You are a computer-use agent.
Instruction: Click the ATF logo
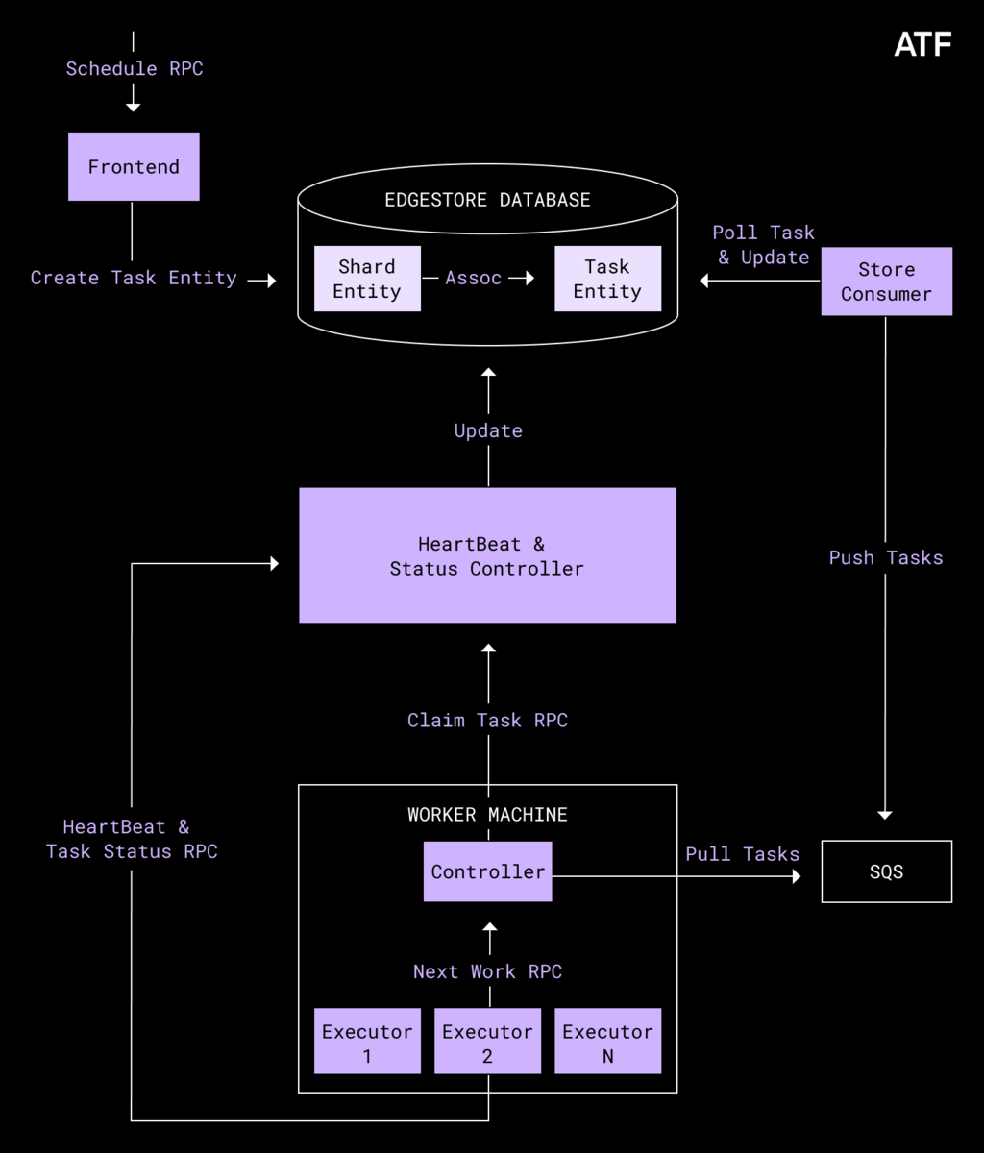coord(922,44)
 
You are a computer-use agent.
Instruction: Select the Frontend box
coord(134,166)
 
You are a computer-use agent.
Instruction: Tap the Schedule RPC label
coord(134,68)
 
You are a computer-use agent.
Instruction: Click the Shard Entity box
coord(367,279)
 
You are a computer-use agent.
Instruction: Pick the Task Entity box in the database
coord(607,279)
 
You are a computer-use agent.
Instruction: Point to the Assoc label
coord(473,278)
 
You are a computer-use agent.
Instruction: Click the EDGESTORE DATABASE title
coord(487,200)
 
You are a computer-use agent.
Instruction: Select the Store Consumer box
coord(886,282)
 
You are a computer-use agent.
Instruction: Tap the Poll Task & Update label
coord(764,245)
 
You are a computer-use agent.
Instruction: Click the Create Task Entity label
coord(134,278)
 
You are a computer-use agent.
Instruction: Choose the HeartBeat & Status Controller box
coord(487,555)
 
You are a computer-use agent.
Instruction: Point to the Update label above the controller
coord(488,430)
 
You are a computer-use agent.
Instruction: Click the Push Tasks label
coord(886,557)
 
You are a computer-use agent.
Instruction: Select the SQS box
coord(886,871)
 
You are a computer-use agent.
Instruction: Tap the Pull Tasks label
coord(742,853)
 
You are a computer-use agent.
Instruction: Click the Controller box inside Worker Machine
coord(487,871)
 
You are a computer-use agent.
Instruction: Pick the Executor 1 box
coord(367,1042)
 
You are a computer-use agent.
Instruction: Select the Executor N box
coord(607,1042)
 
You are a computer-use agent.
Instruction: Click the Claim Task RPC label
coord(487,720)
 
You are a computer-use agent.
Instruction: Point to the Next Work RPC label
coord(487,971)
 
